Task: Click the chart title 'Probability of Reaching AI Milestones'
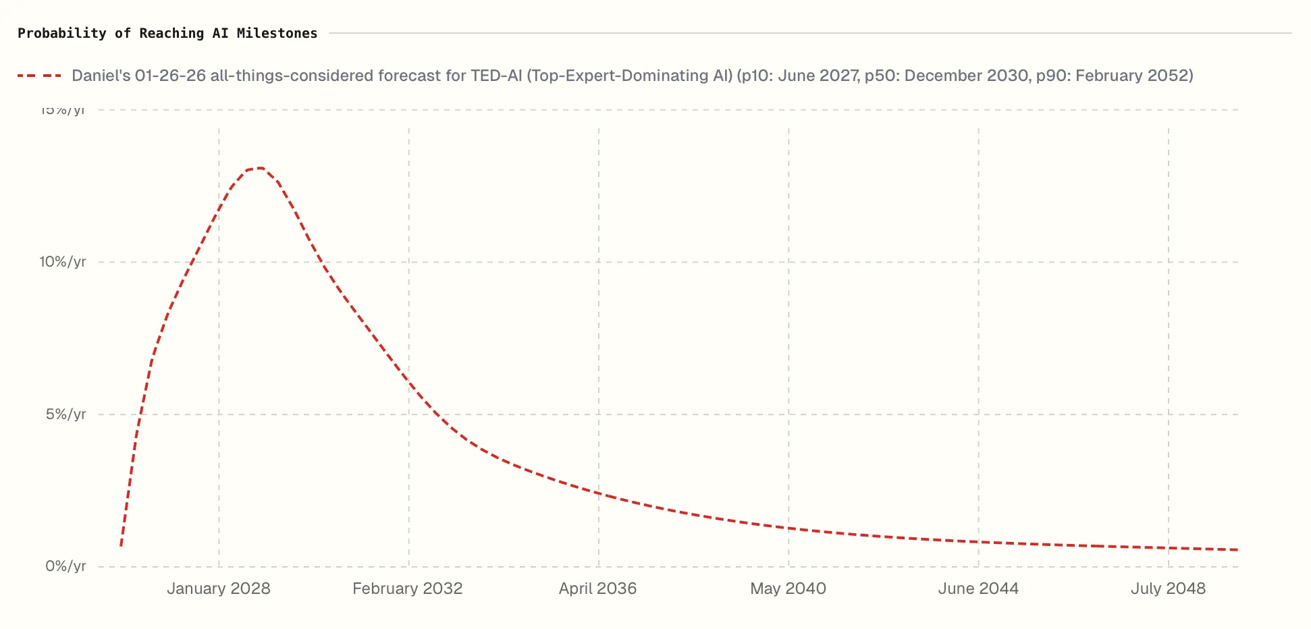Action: pyautogui.click(x=167, y=33)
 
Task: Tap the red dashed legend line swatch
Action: pyautogui.click(x=39, y=76)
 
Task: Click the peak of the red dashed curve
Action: pyautogui.click(x=259, y=168)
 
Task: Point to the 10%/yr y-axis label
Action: pyautogui.click(x=63, y=262)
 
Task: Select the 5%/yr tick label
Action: pyautogui.click(x=65, y=414)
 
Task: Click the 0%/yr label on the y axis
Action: pyautogui.click(x=65, y=566)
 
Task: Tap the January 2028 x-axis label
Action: pyautogui.click(x=218, y=589)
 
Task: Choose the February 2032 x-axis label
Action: pyautogui.click(x=407, y=589)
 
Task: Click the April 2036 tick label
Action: pyautogui.click(x=597, y=589)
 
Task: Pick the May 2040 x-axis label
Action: pyautogui.click(x=788, y=589)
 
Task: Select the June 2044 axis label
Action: pyautogui.click(x=978, y=589)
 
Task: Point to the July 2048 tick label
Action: pyautogui.click(x=1168, y=589)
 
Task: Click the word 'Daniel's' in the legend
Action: pyautogui.click(x=101, y=76)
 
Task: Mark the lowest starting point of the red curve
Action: pyautogui.click(x=121, y=545)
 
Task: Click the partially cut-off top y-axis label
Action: pyautogui.click(x=63, y=111)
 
